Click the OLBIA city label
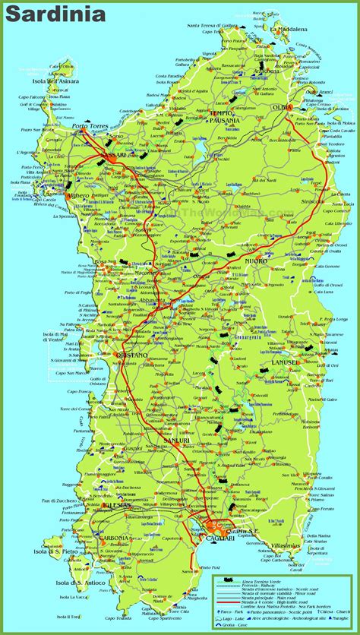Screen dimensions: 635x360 [282, 107]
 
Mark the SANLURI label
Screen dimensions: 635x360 [175, 440]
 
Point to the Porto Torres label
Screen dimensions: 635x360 [89, 126]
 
